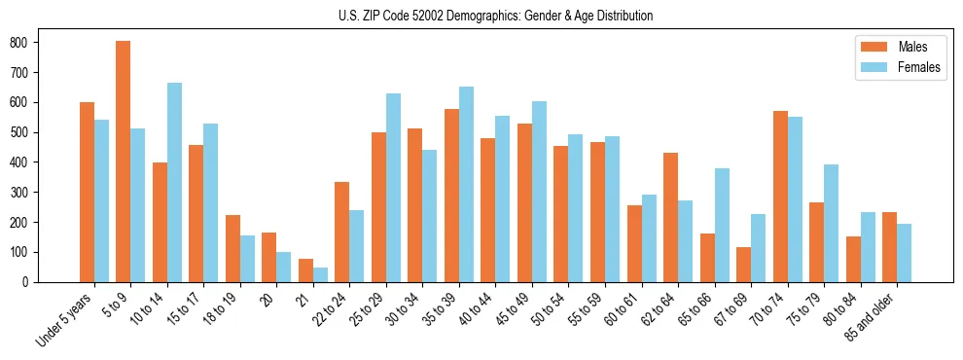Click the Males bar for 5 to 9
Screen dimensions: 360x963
pos(124,162)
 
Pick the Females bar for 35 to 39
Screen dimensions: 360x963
pos(466,184)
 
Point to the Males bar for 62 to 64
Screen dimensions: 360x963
pos(670,217)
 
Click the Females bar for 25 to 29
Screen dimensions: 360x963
pos(393,188)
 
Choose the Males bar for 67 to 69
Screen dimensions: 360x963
pos(743,265)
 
